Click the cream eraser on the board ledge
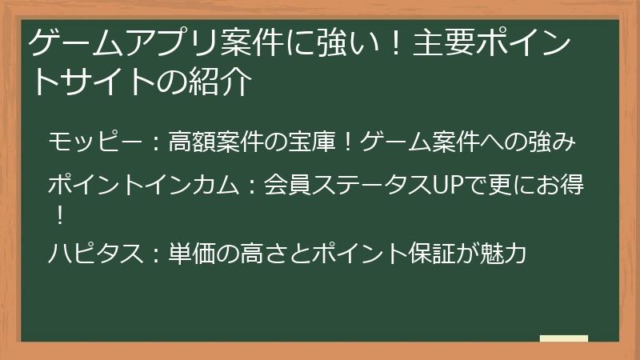pyautogui.click(x=563, y=338)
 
